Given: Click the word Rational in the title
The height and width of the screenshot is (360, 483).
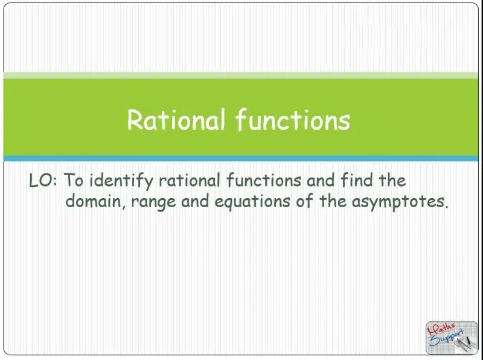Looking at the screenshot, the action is click(x=176, y=120).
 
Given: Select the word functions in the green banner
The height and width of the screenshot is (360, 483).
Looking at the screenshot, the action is click(x=293, y=120).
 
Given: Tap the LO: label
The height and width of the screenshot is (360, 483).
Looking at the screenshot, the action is click(x=43, y=181).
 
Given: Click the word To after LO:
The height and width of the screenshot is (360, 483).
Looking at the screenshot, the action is click(x=73, y=180).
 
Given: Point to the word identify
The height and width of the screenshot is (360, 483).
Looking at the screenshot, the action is click(x=121, y=181).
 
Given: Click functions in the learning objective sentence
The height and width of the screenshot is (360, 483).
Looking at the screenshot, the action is click(x=264, y=180).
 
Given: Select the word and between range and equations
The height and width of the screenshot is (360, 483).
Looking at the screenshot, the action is click(x=195, y=202).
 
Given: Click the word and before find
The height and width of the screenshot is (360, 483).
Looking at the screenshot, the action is click(x=321, y=180).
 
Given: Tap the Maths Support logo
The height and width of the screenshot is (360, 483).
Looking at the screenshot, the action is click(x=452, y=338).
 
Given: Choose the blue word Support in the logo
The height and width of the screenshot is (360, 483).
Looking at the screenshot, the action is click(x=447, y=338).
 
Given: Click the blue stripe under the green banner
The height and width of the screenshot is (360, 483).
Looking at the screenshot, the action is click(x=240, y=158).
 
